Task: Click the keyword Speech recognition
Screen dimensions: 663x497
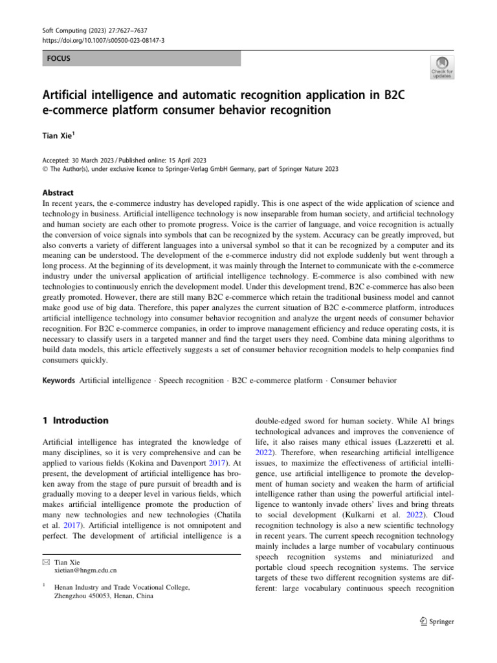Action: (x=191, y=380)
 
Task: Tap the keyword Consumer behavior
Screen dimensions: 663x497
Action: (x=364, y=380)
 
